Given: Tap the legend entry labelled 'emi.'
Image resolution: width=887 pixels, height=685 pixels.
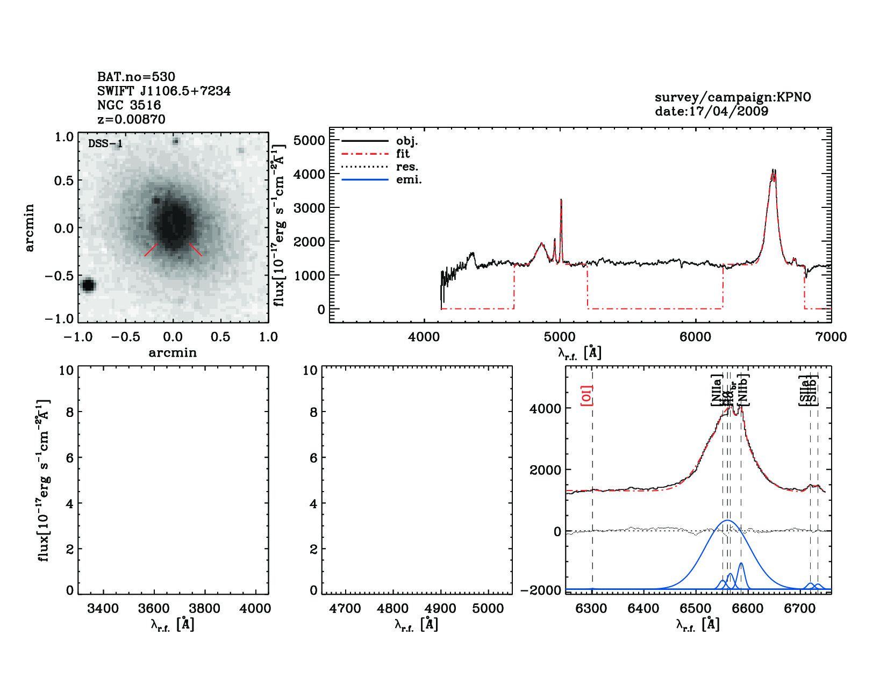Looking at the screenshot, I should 409,179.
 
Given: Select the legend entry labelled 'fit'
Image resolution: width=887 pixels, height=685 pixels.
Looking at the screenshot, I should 403,154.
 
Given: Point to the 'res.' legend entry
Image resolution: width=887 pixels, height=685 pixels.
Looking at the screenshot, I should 407,167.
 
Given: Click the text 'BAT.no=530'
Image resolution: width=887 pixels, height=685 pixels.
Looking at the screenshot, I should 136,77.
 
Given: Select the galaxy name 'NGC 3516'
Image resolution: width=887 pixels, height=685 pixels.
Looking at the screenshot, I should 129,105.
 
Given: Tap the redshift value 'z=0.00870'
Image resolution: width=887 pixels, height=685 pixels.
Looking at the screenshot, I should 131,119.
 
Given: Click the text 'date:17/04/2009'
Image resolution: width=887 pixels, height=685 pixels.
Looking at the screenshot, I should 711,111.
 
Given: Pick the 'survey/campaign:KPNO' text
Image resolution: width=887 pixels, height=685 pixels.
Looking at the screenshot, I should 733,97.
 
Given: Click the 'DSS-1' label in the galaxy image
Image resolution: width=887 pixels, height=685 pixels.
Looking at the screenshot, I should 105,143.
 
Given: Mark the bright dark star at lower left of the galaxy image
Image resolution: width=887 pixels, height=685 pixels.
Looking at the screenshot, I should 88,285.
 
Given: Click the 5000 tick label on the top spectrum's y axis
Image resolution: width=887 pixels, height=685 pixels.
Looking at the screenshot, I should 310,140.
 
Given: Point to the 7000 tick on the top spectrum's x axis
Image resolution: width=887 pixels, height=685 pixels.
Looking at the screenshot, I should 831,337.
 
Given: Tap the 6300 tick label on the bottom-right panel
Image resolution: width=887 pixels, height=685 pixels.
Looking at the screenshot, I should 591,609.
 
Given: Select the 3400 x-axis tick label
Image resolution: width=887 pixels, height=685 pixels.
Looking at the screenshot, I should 103,609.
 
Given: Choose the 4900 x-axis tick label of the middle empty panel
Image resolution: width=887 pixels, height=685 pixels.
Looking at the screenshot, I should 441,609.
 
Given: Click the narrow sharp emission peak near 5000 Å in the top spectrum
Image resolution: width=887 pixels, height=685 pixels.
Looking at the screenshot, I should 561,200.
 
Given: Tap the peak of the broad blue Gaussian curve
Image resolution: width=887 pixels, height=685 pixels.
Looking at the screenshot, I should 727,521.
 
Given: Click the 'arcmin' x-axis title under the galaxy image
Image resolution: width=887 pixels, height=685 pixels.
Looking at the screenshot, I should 173,353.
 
